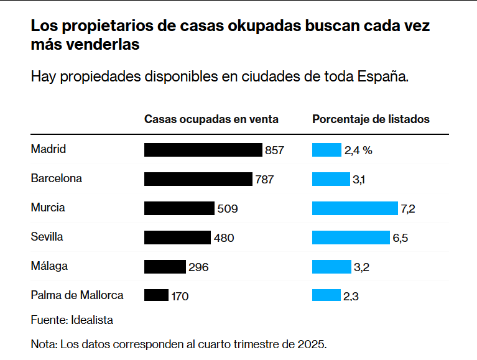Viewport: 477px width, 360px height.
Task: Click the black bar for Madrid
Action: tap(203, 150)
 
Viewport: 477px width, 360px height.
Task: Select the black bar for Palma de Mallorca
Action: tap(156, 295)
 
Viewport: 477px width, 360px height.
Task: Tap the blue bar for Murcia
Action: tap(354, 208)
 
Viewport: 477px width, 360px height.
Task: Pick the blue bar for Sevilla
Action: tap(350, 238)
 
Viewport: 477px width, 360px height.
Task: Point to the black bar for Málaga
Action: tap(165, 267)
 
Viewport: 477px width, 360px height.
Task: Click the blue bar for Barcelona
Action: tap(331, 179)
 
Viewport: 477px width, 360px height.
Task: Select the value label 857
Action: tap(274, 150)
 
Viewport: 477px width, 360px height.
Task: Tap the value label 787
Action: tap(264, 180)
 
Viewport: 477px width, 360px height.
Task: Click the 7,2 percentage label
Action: tap(407, 209)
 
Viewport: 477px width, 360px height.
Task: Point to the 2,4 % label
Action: tap(358, 150)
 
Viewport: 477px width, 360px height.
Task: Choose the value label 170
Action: tap(180, 297)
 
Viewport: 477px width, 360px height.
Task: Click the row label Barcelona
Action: tap(56, 178)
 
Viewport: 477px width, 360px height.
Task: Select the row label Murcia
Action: tap(48, 208)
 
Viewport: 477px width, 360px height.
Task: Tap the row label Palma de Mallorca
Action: tap(77, 295)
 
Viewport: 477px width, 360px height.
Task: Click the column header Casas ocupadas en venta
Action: tap(211, 119)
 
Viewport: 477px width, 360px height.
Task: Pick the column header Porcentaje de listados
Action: tap(371, 119)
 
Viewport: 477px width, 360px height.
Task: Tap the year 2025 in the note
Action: tap(312, 344)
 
